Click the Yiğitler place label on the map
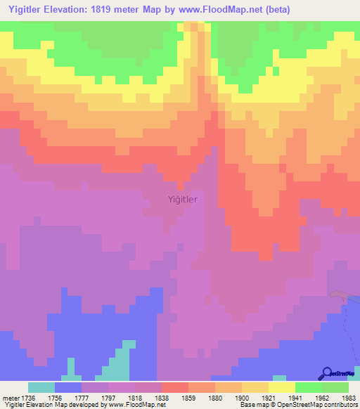pyautogui.click(x=183, y=199)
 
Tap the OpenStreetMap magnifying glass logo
pyautogui.click(x=326, y=374)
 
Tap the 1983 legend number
pyautogui.click(x=349, y=397)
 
